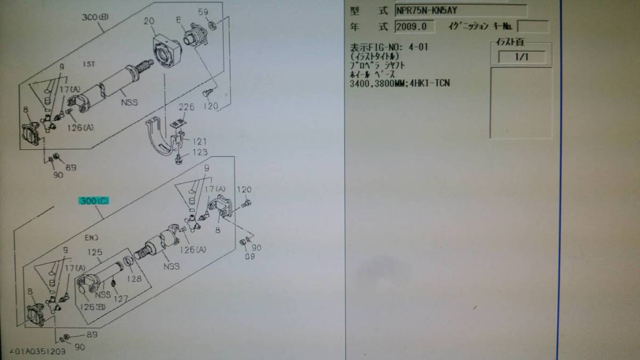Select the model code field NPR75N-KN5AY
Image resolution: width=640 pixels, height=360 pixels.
click(x=460, y=11)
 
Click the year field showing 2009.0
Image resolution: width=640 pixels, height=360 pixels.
click(x=414, y=27)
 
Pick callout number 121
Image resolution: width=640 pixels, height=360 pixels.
click(x=200, y=141)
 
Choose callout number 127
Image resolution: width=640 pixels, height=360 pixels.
click(x=121, y=299)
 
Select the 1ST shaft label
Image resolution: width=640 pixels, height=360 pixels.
click(x=89, y=64)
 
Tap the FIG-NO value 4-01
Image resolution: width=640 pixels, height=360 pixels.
click(x=416, y=47)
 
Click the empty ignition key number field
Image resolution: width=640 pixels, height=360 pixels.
click(x=532, y=27)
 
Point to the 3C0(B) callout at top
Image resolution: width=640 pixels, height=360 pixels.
click(x=95, y=17)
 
